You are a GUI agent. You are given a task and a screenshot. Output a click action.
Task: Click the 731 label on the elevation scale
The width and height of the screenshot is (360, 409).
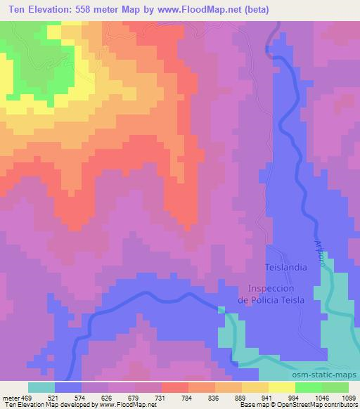[160, 398]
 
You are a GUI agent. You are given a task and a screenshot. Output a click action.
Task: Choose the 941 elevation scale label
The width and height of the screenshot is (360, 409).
[267, 398]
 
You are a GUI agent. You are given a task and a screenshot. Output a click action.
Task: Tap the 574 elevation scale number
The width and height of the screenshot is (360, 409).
[81, 398]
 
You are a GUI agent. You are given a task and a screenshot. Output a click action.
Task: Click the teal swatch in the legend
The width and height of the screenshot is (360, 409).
[41, 387]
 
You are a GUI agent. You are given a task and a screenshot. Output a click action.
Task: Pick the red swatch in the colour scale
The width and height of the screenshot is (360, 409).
[175, 387]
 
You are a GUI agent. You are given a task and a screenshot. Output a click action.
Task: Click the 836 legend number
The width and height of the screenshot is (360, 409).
[214, 398]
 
